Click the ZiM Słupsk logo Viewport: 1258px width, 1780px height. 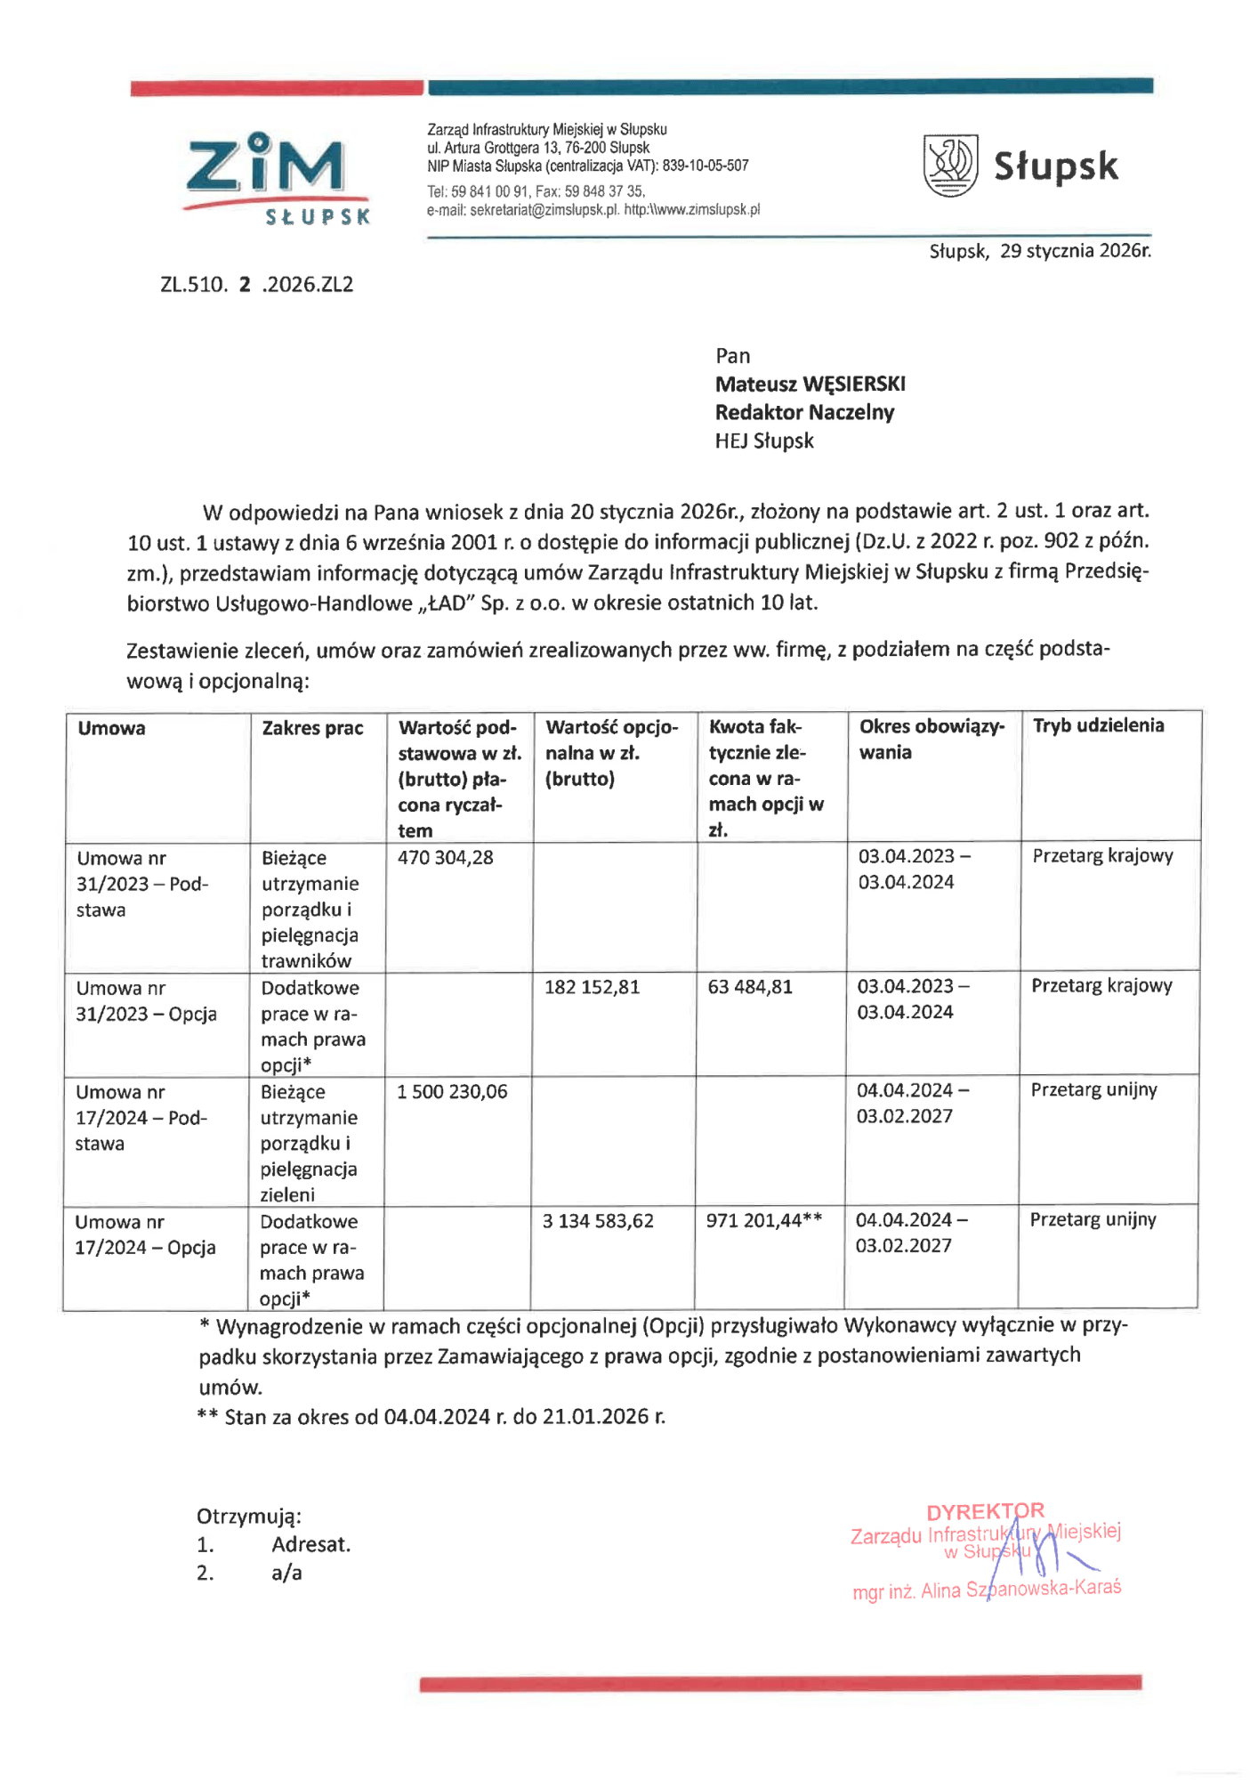[277, 178]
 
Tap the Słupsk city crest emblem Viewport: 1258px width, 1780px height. [950, 166]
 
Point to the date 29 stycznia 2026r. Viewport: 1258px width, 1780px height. [1075, 251]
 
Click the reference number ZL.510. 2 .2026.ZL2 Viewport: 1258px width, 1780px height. [257, 285]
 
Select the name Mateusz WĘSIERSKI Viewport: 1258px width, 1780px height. [810, 384]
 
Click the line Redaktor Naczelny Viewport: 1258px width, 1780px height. [804, 413]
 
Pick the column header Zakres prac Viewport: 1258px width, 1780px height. [312, 728]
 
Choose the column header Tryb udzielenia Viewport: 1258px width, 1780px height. [1098, 725]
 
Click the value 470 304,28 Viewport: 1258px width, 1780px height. [445, 858]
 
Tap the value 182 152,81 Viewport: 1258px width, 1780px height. [592, 987]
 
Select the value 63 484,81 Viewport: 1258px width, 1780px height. [749, 987]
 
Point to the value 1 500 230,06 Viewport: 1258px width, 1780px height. [452, 1092]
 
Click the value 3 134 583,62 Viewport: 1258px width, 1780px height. [598, 1221]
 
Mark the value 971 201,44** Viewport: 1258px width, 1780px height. [763, 1221]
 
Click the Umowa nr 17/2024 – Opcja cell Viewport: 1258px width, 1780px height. [145, 1234]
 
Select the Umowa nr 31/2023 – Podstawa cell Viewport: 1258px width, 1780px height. [142, 884]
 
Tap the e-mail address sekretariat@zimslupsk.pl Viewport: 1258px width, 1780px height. [543, 210]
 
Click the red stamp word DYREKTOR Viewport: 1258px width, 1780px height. [985, 1512]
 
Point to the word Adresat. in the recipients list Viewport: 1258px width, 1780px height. [311, 1545]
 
